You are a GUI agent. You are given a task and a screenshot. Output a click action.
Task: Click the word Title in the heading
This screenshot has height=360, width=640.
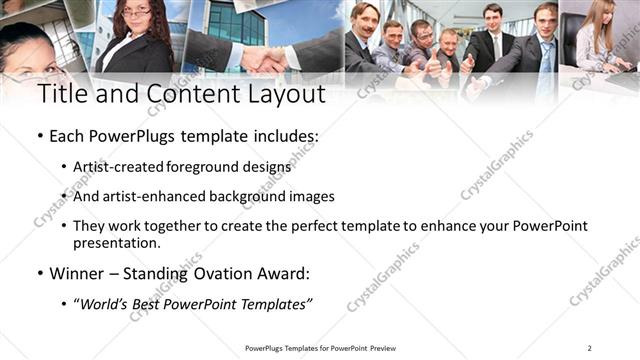click(x=61, y=96)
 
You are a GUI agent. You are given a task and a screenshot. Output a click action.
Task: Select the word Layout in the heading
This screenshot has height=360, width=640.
click(x=282, y=96)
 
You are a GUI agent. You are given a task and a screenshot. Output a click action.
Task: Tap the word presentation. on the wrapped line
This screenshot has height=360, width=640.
click(x=116, y=243)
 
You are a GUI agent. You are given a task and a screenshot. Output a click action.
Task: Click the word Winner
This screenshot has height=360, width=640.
click(x=77, y=273)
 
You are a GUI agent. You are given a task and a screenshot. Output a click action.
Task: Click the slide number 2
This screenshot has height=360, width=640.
click(x=589, y=348)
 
